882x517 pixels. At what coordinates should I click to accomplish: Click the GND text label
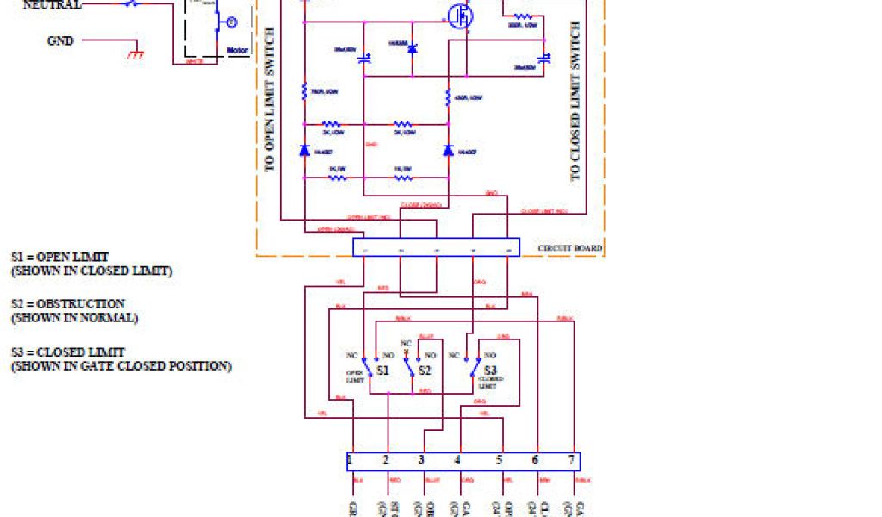60,40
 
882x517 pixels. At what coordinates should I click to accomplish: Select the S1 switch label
382,371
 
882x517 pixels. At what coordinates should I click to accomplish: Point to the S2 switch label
424,371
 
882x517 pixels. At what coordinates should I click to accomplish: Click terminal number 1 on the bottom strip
351,461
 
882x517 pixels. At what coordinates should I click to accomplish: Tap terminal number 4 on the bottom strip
457,461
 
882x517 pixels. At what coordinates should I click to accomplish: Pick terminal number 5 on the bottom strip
499,461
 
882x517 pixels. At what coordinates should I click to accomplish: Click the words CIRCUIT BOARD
569,249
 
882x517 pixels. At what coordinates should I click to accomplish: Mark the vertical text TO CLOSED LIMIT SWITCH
575,101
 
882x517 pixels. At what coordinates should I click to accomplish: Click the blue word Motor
237,51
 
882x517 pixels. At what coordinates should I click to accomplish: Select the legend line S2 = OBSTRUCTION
68,304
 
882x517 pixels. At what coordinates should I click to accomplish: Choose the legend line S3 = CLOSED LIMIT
68,352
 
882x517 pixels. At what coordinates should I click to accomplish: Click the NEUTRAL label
52,5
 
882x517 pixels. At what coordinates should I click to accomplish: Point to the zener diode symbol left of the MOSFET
411,51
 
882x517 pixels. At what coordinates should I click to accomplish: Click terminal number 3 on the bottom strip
421,461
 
